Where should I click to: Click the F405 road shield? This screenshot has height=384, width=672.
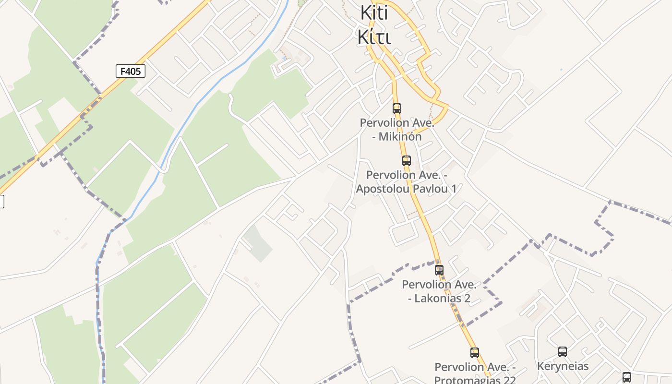coord(130,72)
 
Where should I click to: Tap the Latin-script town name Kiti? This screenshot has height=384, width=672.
coord(374,13)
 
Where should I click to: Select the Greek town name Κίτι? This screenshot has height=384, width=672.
coord(374,36)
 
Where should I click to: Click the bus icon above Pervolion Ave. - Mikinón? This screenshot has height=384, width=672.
coord(396,108)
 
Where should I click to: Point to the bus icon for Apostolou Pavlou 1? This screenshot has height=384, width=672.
coord(407,161)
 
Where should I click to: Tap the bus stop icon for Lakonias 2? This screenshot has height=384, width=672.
coord(439,270)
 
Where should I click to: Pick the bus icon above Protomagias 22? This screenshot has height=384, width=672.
coord(474,353)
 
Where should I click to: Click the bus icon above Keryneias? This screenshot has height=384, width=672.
coord(562,352)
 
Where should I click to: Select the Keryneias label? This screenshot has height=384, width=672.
coord(563,366)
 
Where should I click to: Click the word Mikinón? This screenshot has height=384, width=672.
coord(400,137)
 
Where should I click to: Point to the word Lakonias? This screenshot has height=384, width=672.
coord(436,299)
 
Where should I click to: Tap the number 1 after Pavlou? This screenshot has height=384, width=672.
coord(453,189)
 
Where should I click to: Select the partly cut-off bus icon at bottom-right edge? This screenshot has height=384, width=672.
coord(626,377)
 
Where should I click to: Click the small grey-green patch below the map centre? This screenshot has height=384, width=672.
coord(257,243)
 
